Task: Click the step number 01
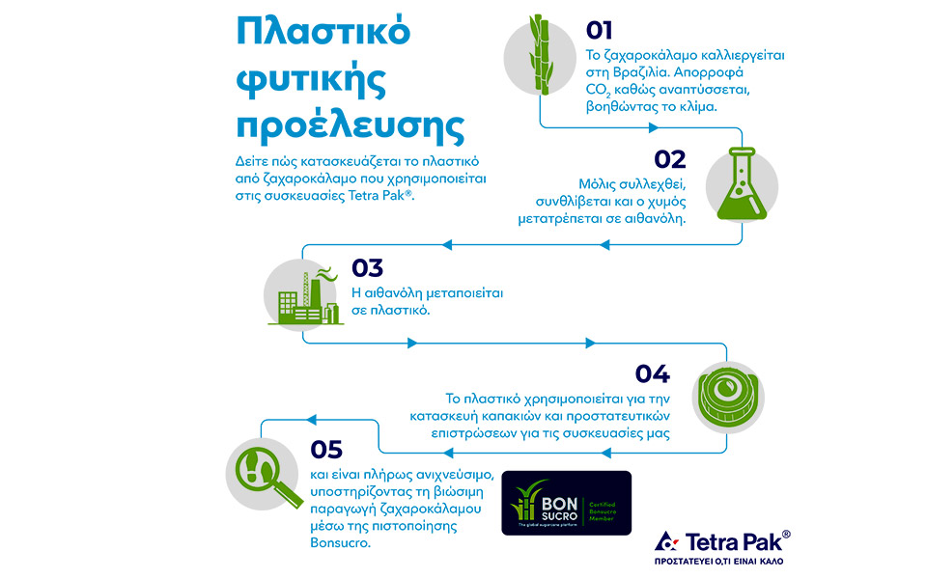click(x=599, y=30)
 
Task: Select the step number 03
click(x=368, y=267)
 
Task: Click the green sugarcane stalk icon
click(x=539, y=54)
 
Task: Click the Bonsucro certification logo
click(x=566, y=503)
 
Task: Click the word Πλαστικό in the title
click(x=323, y=32)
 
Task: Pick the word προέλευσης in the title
click(x=351, y=126)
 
